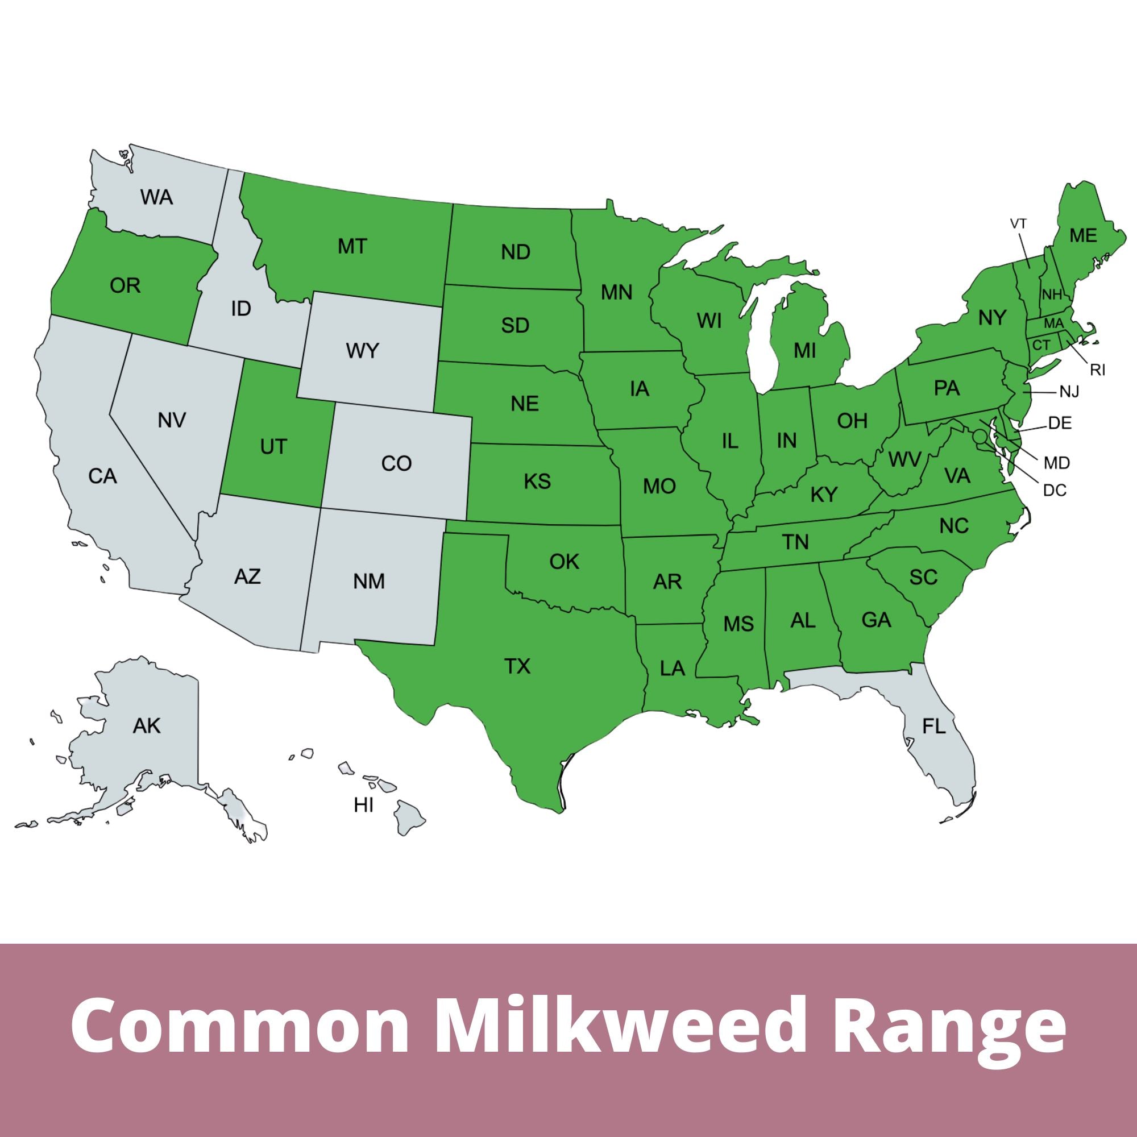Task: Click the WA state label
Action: (156, 197)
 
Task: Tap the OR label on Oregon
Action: (125, 286)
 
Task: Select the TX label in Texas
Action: (517, 667)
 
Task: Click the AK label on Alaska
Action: (147, 726)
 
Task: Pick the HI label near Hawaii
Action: (364, 805)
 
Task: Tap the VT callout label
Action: (1019, 223)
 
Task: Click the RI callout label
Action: (1098, 370)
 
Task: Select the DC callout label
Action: (1055, 489)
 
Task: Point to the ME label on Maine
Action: (1084, 235)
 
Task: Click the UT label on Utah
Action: (273, 447)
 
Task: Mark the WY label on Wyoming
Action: (363, 351)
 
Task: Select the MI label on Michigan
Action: (804, 351)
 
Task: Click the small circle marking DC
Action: (980, 437)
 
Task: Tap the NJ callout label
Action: (1069, 391)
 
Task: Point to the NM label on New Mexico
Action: (369, 582)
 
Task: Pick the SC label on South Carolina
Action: (923, 578)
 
